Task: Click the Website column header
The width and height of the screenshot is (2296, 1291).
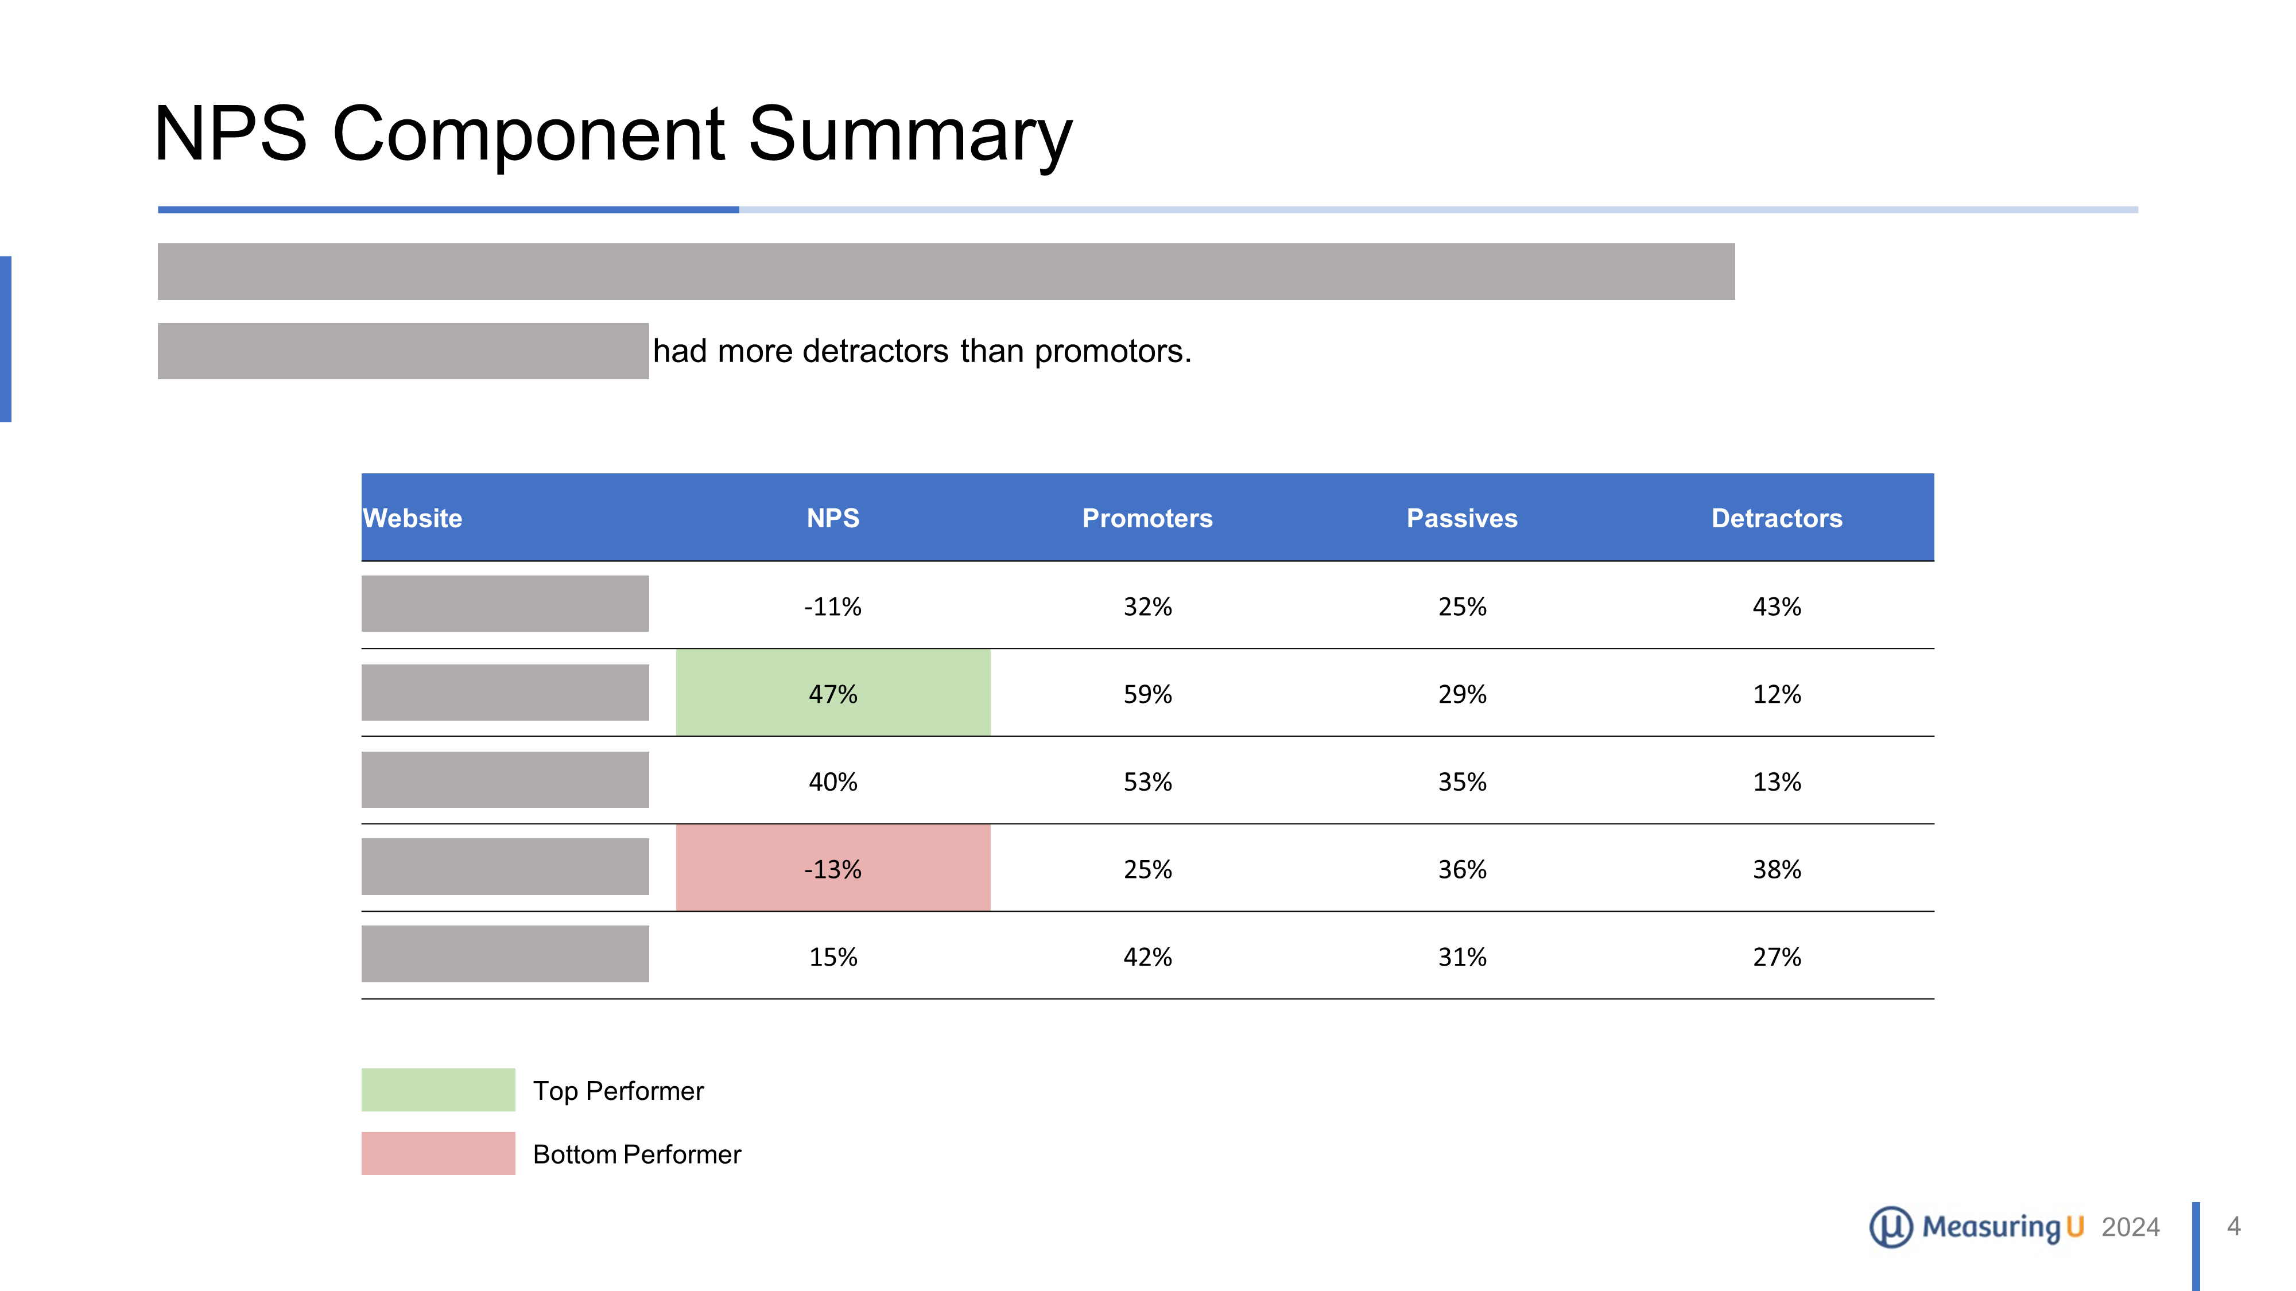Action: (413, 519)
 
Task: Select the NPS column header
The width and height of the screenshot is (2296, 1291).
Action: (832, 519)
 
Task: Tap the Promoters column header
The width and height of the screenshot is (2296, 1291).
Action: (1147, 519)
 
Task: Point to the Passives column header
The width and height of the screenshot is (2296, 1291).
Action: (1462, 519)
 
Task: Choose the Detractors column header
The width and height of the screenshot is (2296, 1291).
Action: (1777, 519)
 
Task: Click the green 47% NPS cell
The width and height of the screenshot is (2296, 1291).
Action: (832, 694)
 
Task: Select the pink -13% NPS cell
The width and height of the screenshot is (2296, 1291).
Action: (832, 869)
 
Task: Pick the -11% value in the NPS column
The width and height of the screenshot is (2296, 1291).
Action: (832, 606)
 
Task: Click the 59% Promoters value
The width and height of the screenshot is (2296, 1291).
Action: (1147, 694)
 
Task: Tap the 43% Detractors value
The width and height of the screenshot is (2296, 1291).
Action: (1777, 606)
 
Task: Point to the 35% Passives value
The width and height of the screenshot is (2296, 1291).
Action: (1462, 781)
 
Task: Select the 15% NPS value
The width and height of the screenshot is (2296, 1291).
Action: (832, 957)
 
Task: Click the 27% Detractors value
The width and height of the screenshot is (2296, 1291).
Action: (1777, 957)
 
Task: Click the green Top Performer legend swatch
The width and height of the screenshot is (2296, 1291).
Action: (437, 1090)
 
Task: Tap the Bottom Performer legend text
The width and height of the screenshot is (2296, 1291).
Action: (637, 1154)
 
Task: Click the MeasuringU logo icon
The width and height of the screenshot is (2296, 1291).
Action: (1890, 1227)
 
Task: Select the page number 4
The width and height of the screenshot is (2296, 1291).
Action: (2233, 1226)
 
